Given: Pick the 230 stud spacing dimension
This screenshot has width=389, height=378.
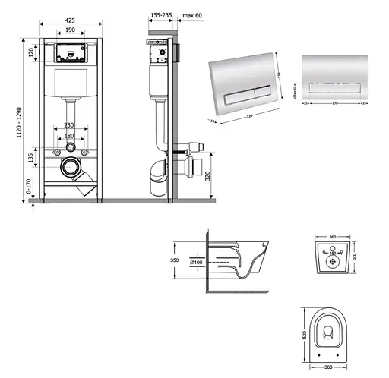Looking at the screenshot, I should pos(69,126).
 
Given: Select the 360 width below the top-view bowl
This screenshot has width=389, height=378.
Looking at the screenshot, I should pos(329,368).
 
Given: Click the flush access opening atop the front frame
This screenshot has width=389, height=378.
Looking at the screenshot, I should pos(69,52).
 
